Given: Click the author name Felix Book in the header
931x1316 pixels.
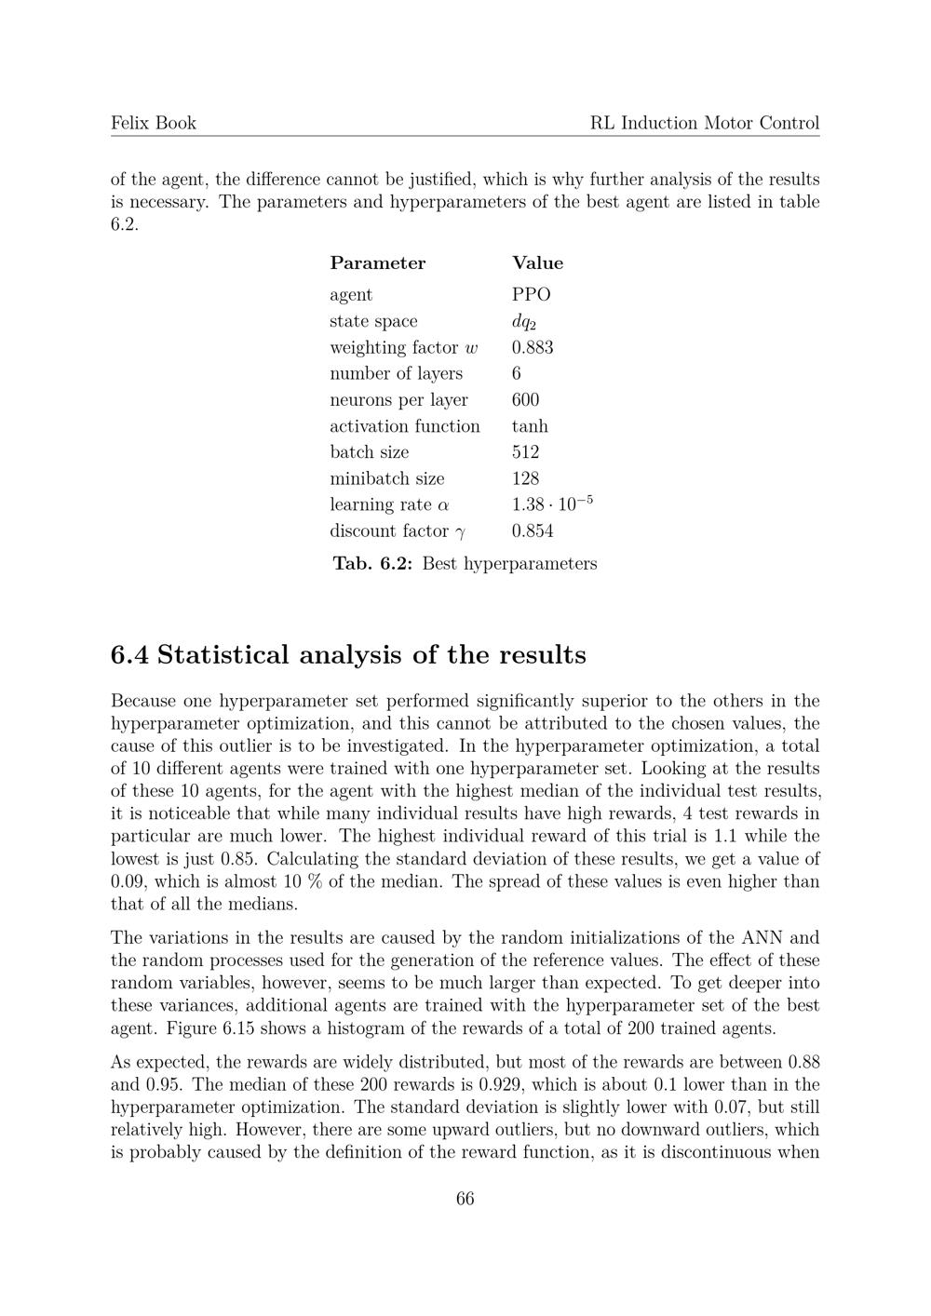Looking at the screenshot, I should click(154, 123).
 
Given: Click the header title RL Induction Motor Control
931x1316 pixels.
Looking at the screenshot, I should click(705, 123).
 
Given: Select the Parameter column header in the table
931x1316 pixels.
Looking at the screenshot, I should click(377, 263).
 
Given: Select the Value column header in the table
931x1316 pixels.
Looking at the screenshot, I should click(537, 263).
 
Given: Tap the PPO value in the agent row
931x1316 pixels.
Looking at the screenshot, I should click(531, 295).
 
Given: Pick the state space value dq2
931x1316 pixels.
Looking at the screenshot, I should click(524, 322).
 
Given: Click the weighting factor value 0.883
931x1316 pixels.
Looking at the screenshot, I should click(533, 348).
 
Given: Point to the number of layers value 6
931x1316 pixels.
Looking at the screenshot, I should click(517, 374).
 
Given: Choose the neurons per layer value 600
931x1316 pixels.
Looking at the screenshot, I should click(525, 400).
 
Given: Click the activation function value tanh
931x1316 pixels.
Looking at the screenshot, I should click(530, 426).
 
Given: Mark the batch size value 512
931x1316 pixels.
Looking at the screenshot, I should click(525, 452).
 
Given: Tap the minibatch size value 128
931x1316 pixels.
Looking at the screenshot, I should click(525, 479).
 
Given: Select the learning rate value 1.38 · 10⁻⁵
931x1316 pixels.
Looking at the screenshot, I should click(552, 504).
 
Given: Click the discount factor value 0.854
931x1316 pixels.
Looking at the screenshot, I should click(533, 531).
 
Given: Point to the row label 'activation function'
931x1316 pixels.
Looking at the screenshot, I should click(405, 426).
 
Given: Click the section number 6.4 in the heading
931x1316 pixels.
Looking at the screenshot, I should click(129, 655).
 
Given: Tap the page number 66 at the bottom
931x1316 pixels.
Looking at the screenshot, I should click(465, 1199).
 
